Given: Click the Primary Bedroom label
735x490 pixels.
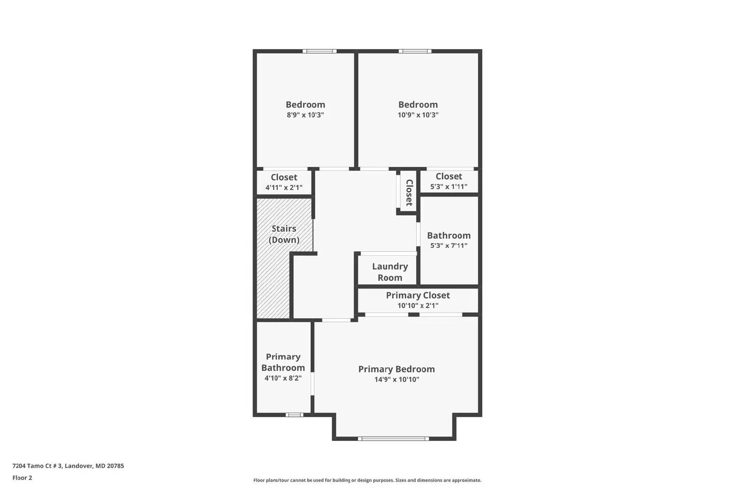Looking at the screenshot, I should click(x=396, y=369).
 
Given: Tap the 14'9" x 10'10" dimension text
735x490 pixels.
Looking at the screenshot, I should click(x=396, y=379).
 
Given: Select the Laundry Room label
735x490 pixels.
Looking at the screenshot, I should click(x=390, y=272).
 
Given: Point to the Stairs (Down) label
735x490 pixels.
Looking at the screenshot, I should click(x=284, y=234).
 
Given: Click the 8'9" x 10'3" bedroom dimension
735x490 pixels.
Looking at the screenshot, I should click(x=305, y=115).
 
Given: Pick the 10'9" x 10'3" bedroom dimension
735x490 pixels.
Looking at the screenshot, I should click(x=418, y=115).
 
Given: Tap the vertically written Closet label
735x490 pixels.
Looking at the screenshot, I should click(x=409, y=192).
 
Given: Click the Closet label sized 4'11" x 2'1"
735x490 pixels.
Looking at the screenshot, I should click(x=284, y=177).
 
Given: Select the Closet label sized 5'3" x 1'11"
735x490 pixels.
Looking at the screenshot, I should click(x=449, y=176).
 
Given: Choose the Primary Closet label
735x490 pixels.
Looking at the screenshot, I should click(x=418, y=295).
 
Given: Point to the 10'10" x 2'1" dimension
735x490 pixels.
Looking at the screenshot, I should click(x=418, y=305).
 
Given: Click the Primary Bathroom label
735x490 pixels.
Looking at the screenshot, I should click(x=283, y=362).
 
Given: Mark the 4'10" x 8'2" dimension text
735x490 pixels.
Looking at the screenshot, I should click(x=283, y=378).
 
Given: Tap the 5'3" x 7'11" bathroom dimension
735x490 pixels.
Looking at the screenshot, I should click(x=449, y=245).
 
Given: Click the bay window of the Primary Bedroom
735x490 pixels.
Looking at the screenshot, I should click(x=393, y=439).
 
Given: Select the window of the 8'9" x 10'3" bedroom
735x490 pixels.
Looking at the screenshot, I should click(x=319, y=51).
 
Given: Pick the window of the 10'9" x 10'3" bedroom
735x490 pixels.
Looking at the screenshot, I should click(x=415, y=51).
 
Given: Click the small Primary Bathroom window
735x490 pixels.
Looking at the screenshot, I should click(x=294, y=415).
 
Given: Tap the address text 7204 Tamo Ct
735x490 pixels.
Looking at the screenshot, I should click(x=68, y=466).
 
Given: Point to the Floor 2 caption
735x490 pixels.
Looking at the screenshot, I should click(x=22, y=478).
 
